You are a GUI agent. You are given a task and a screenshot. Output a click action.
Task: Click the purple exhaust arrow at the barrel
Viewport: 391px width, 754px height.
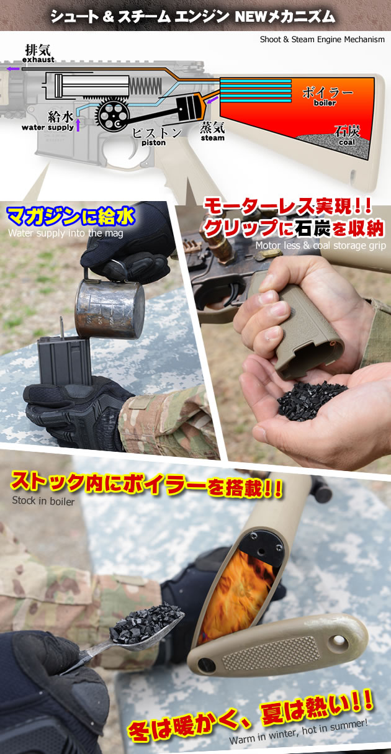pos(13,70)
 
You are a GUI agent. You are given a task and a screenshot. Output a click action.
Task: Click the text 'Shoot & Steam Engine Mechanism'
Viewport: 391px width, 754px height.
pos(321,40)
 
